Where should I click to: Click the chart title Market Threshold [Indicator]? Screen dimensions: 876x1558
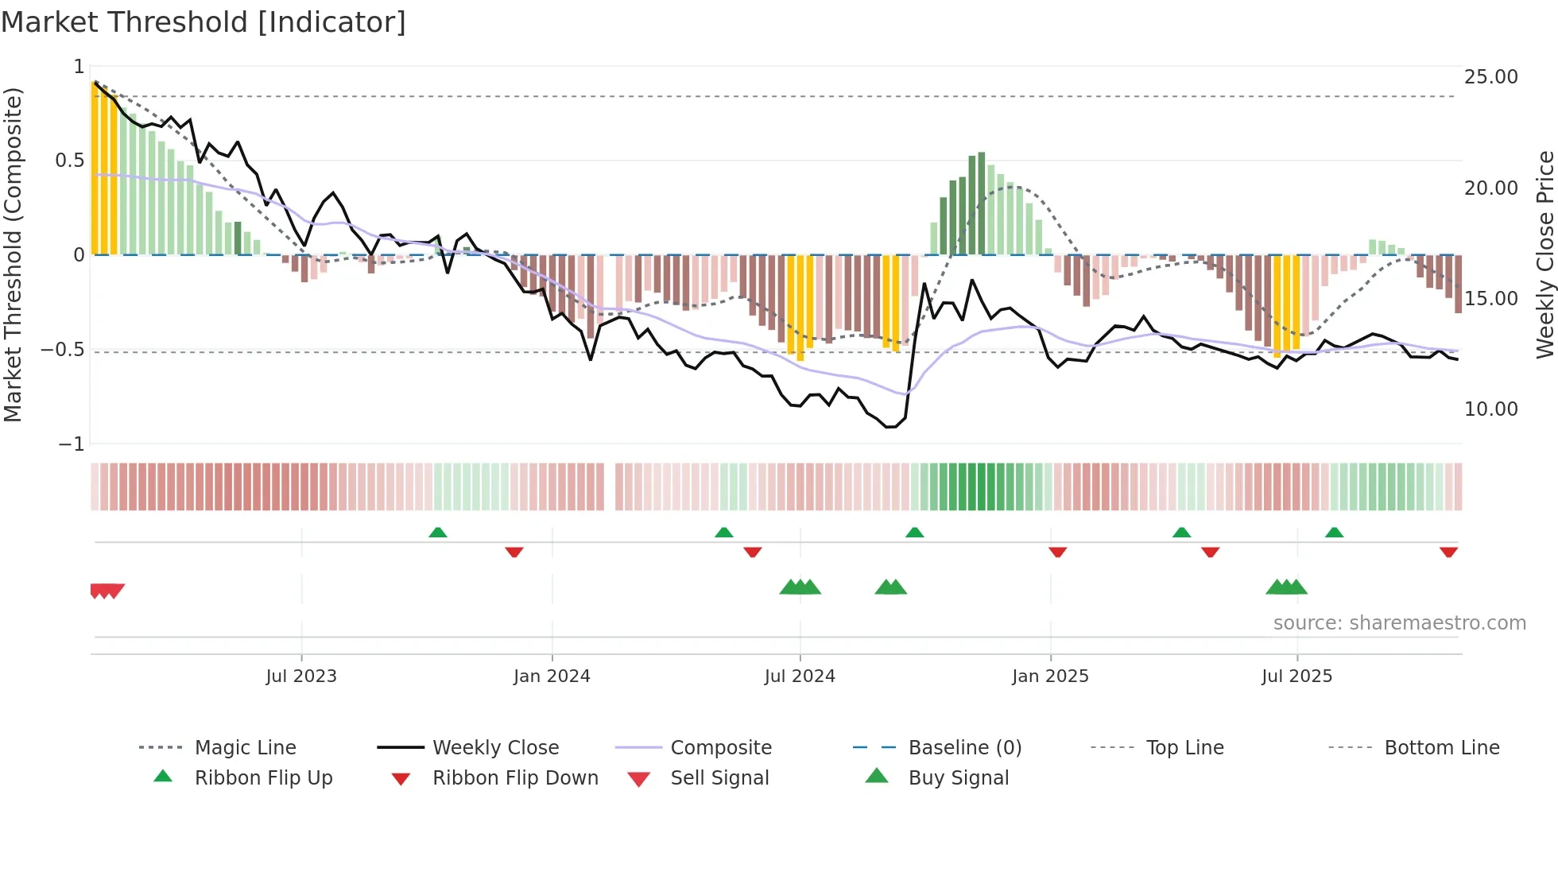point(203,22)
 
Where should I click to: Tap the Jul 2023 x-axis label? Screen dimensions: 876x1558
point(301,676)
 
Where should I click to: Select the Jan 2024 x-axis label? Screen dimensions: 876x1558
point(552,676)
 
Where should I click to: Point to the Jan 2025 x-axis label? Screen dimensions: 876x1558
point(1050,676)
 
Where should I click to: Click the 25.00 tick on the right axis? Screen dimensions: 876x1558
point(1490,77)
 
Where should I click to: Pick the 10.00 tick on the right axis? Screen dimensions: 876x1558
point(1490,409)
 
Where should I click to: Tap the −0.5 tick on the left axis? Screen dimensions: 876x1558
point(63,350)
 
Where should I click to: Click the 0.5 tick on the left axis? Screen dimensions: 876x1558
point(69,161)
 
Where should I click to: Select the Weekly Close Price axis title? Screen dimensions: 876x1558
point(1544,254)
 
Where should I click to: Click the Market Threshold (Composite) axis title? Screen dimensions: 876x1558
point(13,254)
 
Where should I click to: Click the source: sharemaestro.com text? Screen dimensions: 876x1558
point(1399,623)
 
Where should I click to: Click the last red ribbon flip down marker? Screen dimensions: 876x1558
point(1448,552)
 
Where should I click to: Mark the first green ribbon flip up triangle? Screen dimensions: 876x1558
point(438,533)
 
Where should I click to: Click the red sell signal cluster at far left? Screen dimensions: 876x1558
point(107,591)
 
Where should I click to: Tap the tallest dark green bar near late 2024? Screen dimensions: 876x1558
point(982,203)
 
